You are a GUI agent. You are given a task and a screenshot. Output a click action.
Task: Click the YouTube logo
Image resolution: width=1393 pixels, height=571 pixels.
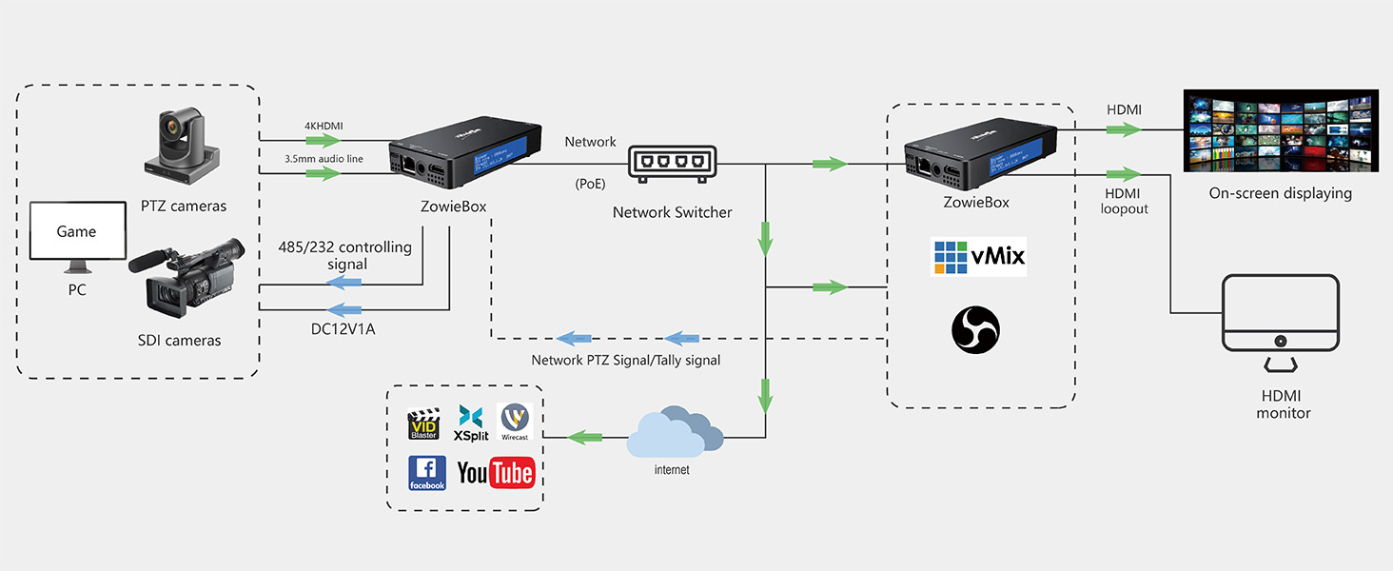click(496, 473)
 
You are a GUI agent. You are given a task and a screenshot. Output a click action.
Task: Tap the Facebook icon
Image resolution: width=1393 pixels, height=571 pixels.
click(427, 473)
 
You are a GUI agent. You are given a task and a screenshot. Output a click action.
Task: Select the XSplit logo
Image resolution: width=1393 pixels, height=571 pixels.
click(471, 422)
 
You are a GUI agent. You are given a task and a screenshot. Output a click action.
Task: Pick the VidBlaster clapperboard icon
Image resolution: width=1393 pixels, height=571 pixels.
click(423, 423)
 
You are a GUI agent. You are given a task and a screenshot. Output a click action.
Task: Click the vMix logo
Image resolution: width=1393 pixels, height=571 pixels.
click(978, 258)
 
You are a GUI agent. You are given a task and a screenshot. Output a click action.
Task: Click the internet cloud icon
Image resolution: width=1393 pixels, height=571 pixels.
click(674, 433)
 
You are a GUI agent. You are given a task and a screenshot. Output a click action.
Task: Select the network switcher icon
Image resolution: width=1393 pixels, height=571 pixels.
click(672, 165)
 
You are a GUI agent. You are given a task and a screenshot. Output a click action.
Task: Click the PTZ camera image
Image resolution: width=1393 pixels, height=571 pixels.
click(184, 148)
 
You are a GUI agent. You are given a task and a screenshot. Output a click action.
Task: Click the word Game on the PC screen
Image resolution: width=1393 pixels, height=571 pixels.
click(76, 231)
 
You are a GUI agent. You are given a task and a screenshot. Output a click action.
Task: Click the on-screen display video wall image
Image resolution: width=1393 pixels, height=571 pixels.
click(1280, 130)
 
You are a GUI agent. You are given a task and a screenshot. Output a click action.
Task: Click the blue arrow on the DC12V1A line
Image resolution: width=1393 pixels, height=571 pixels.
click(343, 309)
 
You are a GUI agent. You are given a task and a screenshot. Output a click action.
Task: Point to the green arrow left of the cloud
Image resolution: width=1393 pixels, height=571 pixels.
click(585, 437)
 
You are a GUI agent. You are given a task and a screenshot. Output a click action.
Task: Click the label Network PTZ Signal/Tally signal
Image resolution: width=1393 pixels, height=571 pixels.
click(625, 360)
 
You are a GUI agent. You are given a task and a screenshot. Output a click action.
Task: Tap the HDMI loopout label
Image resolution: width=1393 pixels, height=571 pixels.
click(1124, 201)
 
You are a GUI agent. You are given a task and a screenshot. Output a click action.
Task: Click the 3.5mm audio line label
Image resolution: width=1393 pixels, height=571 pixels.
click(324, 159)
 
